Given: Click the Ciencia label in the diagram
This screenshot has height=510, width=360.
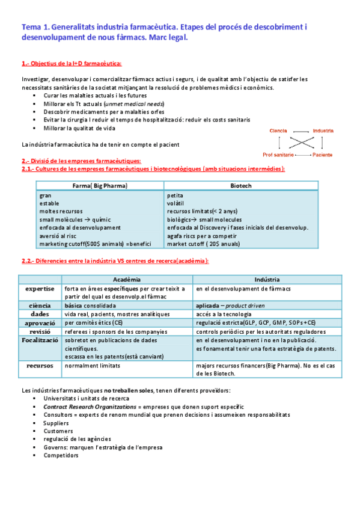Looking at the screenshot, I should click(278, 131).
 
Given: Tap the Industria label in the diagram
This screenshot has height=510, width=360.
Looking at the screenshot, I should click(323, 131).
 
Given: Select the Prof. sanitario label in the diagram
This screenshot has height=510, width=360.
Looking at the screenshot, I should click(278, 155).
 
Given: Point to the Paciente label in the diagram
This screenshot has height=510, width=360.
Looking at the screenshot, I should click(322, 155).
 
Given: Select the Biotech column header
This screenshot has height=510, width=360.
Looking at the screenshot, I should click(240, 186).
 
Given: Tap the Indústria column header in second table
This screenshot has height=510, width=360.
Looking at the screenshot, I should click(267, 280).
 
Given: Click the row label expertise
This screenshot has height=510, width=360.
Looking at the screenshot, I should click(40, 289).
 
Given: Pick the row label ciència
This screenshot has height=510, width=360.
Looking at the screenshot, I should click(40, 306).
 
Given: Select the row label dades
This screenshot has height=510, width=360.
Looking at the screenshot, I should click(40, 314).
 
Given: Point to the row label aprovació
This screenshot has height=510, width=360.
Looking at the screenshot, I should click(40, 323).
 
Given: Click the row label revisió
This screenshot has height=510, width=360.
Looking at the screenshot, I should click(40, 331).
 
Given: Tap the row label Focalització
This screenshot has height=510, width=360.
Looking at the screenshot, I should click(40, 340).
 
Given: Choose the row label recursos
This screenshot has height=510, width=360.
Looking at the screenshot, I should click(40, 365).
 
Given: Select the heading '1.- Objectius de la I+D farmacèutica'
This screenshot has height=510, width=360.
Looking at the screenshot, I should click(72, 63).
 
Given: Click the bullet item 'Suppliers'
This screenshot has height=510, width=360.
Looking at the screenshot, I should click(56, 423).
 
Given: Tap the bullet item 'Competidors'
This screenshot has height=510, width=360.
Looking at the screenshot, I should click(61, 455).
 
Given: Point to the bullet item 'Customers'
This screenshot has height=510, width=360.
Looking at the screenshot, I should click(58, 431).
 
